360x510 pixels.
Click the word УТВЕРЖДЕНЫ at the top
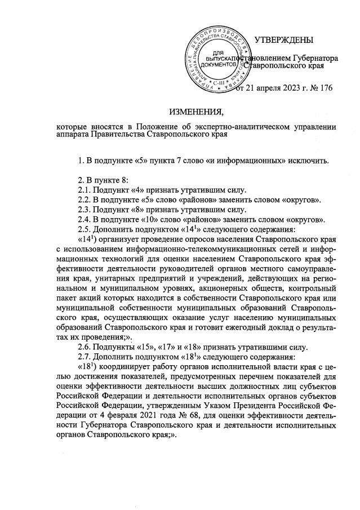point(285,41)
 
